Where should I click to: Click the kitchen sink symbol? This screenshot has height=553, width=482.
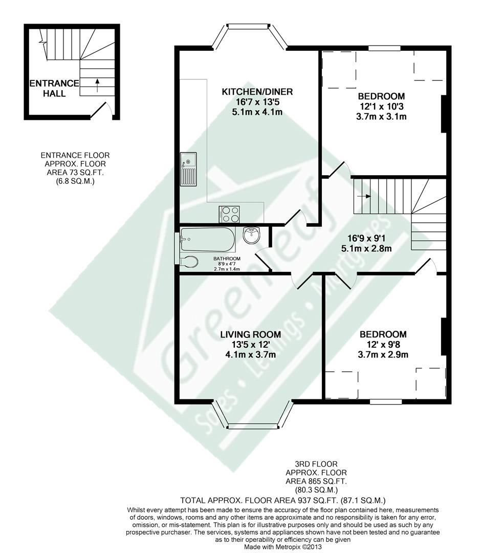[x=188, y=169]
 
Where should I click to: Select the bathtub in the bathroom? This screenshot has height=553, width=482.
[x=207, y=239]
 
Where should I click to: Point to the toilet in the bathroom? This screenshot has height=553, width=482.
[x=188, y=262]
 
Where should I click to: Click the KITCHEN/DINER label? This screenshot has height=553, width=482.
[x=256, y=92]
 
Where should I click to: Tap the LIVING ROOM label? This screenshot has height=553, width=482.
[x=249, y=334]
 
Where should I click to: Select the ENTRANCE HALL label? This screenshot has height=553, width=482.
[x=54, y=88]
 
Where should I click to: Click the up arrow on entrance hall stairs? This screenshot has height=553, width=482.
[x=97, y=83]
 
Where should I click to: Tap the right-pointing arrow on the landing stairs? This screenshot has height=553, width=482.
[x=364, y=196]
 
